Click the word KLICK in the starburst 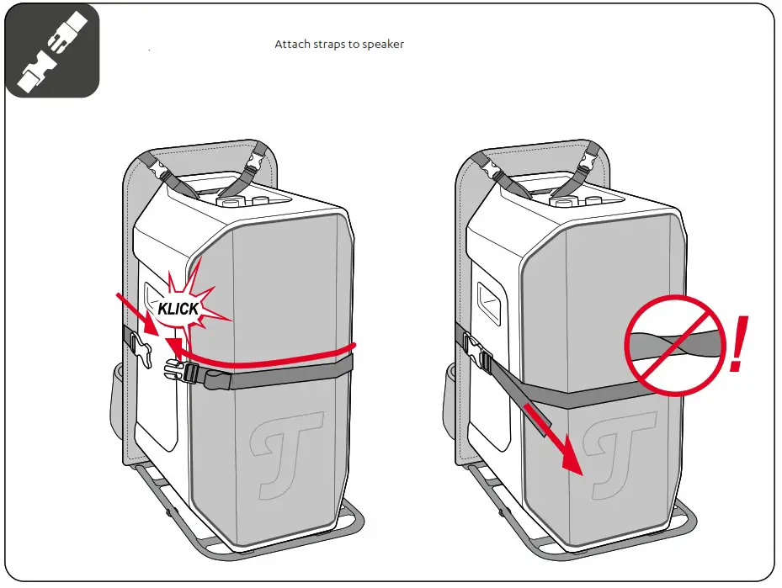[x=178, y=308]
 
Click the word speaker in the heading [x=383, y=44]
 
